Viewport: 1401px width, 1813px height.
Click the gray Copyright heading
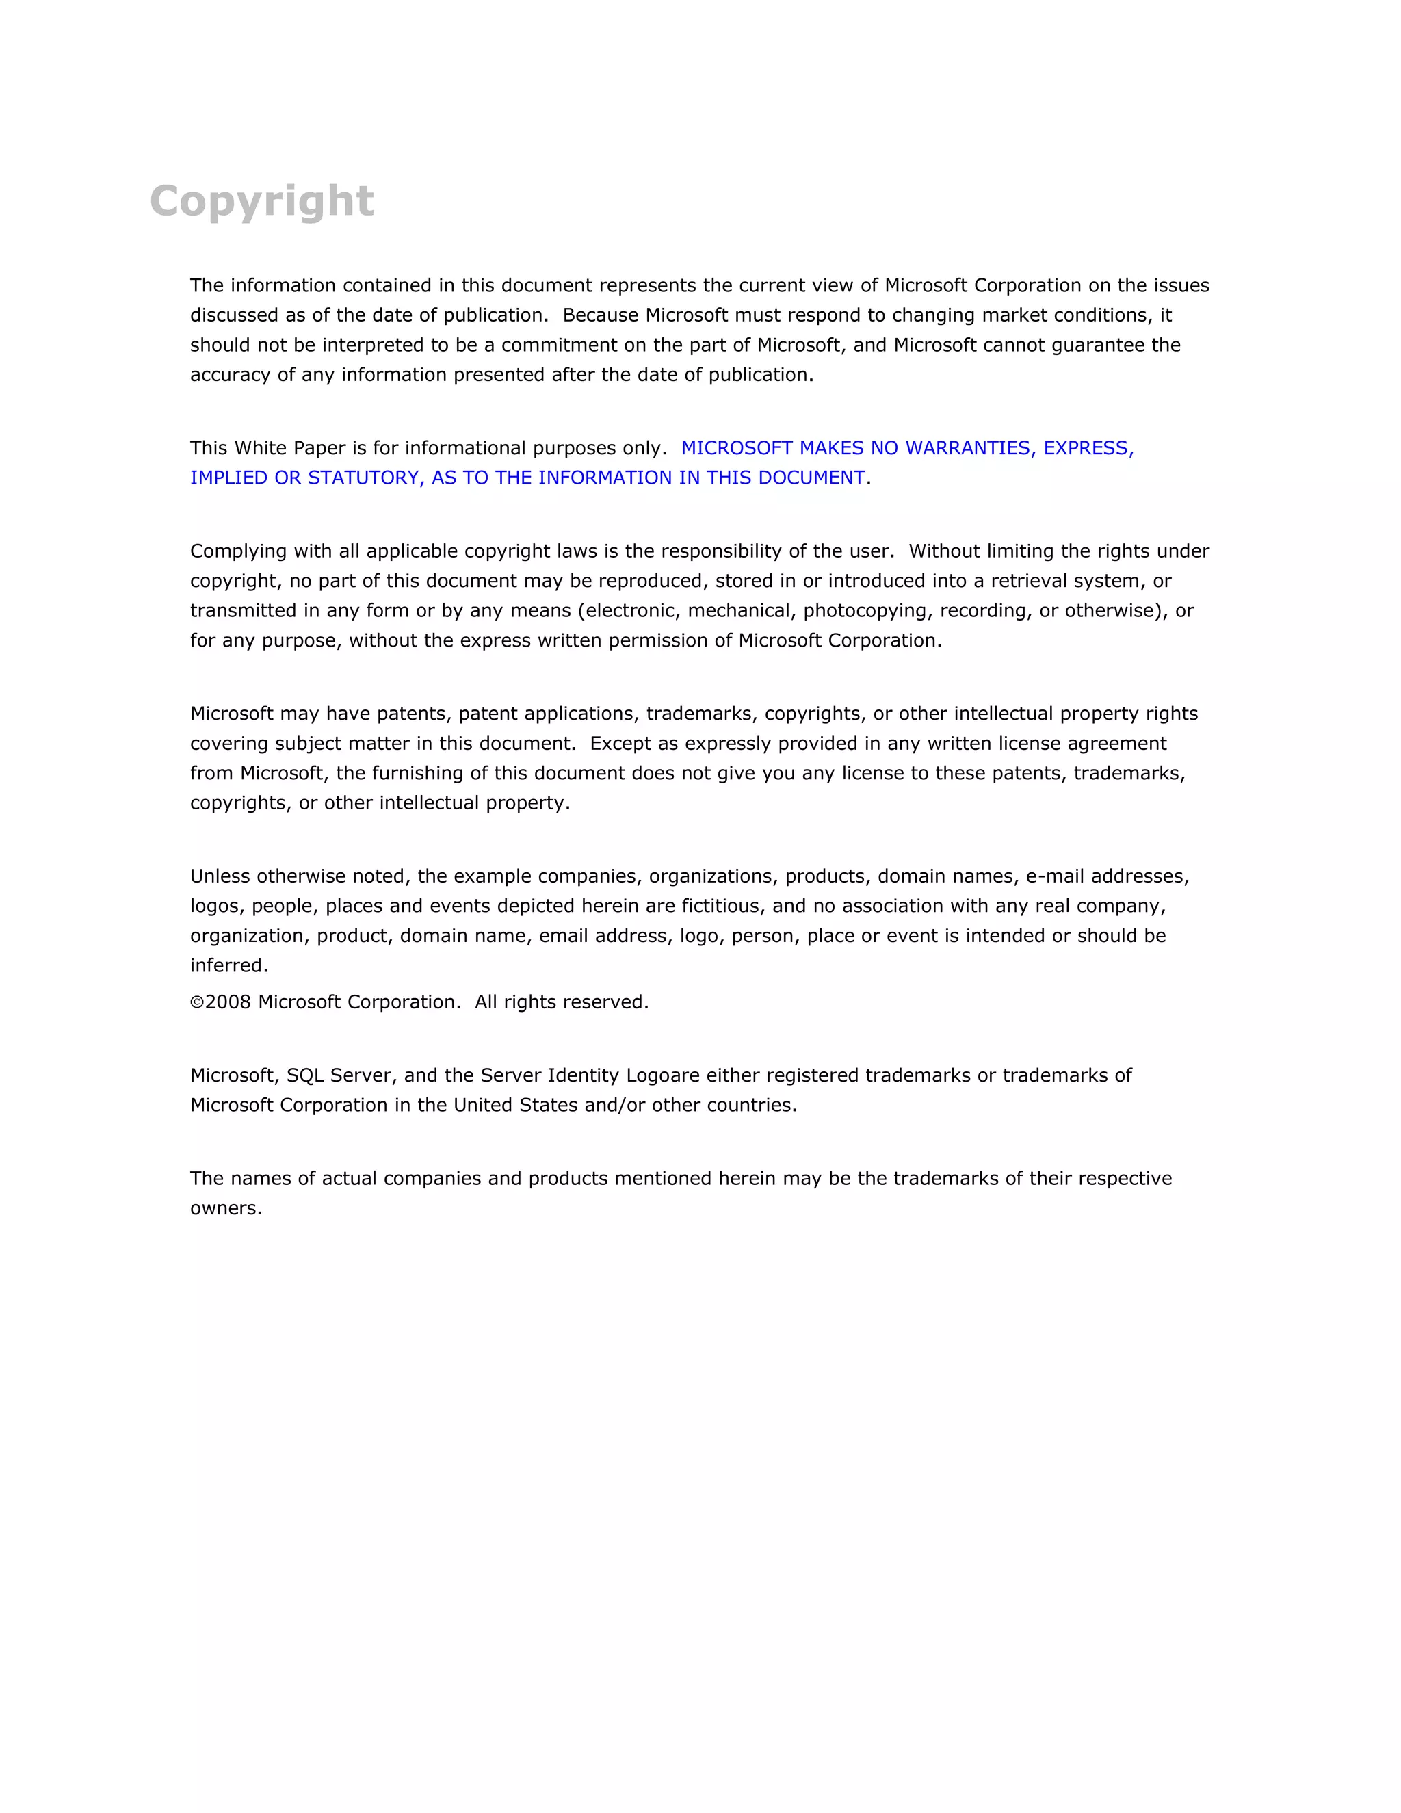pyautogui.click(x=261, y=202)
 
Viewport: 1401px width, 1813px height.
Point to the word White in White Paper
pyautogui.click(x=261, y=448)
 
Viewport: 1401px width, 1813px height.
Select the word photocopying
pyautogui.click(x=867, y=611)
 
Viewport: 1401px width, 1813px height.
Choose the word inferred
pyautogui.click(x=228, y=966)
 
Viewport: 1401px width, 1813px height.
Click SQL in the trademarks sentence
pyautogui.click(x=304, y=1076)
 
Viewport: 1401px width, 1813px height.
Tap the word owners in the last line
pyautogui.click(x=225, y=1209)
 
